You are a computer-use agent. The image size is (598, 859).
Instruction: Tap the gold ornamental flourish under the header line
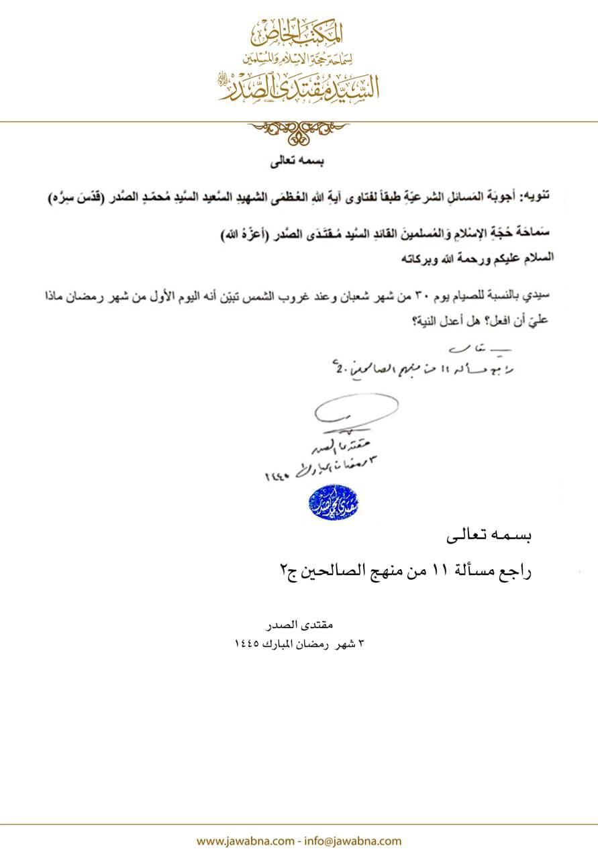coord(299,132)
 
